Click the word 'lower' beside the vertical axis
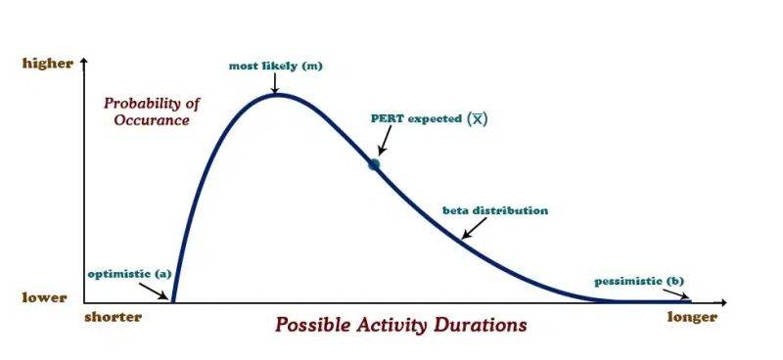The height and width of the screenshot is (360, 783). (45, 297)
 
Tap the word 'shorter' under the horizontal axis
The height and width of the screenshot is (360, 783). (113, 317)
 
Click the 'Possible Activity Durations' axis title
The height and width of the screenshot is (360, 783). (400, 324)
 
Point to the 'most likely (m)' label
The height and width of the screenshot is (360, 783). (275, 67)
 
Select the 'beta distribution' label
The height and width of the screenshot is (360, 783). (495, 210)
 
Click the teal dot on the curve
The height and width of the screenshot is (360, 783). (373, 164)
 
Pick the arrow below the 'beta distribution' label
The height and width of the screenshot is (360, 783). (474, 229)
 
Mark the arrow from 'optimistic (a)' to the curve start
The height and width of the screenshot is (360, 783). (157, 290)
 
